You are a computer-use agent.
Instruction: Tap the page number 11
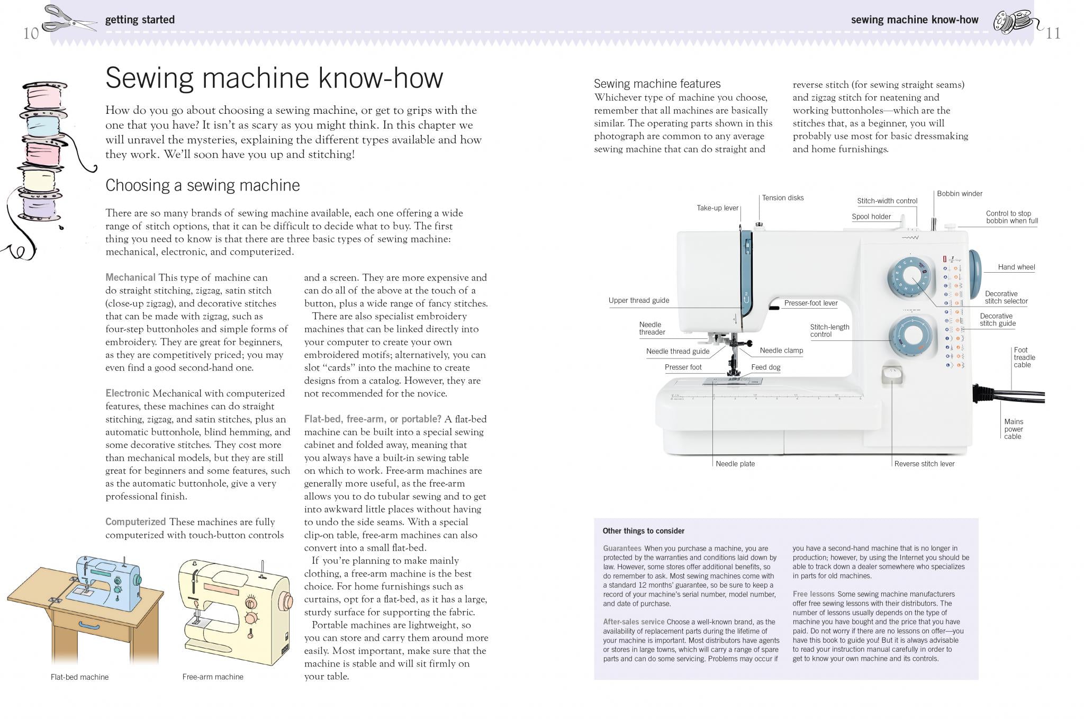[1053, 33]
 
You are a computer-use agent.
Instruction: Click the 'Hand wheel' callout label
[1016, 267]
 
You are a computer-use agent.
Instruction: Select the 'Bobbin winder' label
[960, 194]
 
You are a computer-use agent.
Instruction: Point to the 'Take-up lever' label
[717, 208]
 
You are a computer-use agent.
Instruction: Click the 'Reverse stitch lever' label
[924, 464]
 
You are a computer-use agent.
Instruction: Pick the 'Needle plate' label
[735, 464]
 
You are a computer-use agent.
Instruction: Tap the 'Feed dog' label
[765, 367]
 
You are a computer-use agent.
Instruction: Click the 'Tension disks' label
[783, 198]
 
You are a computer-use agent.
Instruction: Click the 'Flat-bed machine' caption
[79, 677]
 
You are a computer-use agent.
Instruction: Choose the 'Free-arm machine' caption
[213, 677]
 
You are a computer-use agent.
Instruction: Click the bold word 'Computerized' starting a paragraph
[135, 522]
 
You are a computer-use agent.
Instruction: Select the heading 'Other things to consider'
[643, 531]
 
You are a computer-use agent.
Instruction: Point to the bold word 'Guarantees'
[622, 549]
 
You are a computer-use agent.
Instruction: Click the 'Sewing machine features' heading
[657, 84]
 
